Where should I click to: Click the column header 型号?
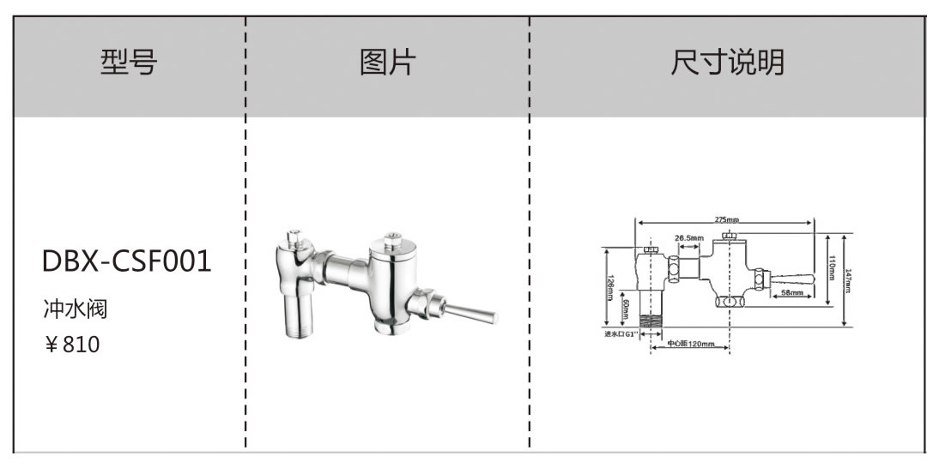point(129,63)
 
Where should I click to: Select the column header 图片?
point(387,63)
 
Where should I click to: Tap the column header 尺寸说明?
point(727,63)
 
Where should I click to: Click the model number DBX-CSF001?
point(126,261)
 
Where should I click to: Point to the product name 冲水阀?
point(75,308)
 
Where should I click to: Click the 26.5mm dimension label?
point(688,237)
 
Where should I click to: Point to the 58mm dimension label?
point(791,293)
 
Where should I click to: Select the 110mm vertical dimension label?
point(831,268)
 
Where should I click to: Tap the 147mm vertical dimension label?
point(847,280)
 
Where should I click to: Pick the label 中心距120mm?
point(691,344)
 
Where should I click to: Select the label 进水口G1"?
point(619,333)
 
